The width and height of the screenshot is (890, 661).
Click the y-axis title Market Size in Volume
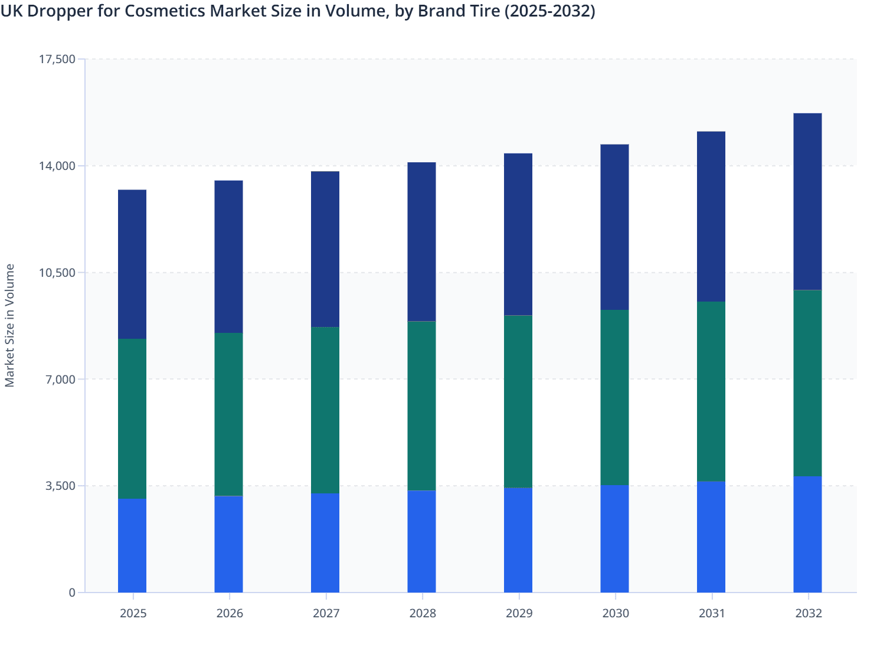pos(10,325)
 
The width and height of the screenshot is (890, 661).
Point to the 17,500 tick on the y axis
pos(57,59)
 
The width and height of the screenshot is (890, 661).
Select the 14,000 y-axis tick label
pos(57,166)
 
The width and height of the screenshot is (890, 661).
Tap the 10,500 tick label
pos(57,273)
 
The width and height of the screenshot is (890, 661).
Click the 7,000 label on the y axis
pos(60,379)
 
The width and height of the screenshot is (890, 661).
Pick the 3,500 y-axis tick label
pos(60,486)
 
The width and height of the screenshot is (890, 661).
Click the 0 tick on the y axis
pos(72,593)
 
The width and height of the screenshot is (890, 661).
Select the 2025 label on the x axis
pos(133,613)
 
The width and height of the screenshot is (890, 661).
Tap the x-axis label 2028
pos(422,613)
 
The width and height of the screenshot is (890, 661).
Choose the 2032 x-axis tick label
pos(808,613)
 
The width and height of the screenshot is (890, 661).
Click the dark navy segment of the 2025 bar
pos(132,264)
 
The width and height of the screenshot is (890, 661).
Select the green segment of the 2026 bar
pos(228,414)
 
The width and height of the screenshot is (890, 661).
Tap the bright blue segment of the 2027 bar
pos(325,543)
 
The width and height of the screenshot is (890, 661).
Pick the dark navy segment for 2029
pos(518,234)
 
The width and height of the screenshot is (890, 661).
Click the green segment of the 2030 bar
pos(614,397)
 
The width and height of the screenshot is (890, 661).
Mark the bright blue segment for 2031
pos(711,536)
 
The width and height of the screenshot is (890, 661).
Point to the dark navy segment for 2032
pos(807,201)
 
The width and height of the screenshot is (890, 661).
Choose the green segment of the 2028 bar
pos(421,406)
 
